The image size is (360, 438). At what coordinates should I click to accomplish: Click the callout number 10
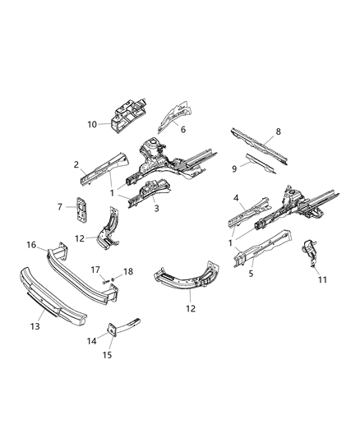pyautogui.click(x=92, y=124)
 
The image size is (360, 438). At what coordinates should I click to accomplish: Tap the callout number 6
pyautogui.click(x=183, y=130)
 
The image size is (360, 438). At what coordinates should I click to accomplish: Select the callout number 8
pyautogui.click(x=278, y=131)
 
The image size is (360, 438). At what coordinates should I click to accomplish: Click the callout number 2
pyautogui.click(x=76, y=164)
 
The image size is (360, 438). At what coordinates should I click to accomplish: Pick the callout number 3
pyautogui.click(x=157, y=210)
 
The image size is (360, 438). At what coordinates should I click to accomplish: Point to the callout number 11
pyautogui.click(x=322, y=279)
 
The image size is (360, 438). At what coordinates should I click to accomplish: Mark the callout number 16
pyautogui.click(x=30, y=244)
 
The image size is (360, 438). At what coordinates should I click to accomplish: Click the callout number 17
pyautogui.click(x=96, y=268)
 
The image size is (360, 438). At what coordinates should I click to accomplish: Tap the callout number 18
pyautogui.click(x=127, y=270)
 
